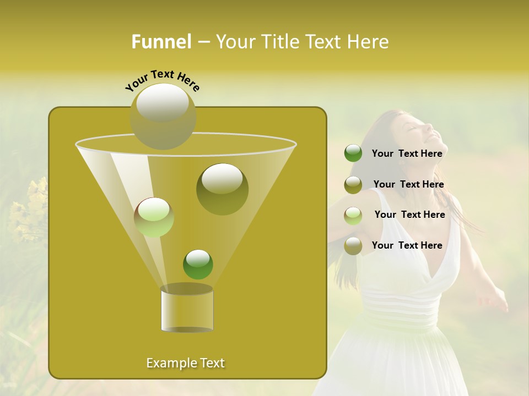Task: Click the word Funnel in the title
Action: pyautogui.click(x=161, y=42)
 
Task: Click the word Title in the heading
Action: pyautogui.click(x=278, y=42)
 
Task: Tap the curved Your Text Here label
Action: pyautogui.click(x=163, y=80)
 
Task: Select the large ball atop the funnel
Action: pyautogui.click(x=163, y=116)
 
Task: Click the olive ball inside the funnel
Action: pyautogui.click(x=222, y=189)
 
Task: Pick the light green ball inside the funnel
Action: pyautogui.click(x=154, y=217)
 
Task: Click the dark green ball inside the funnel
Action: pyautogui.click(x=198, y=265)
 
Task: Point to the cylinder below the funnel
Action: pyautogui.click(x=187, y=309)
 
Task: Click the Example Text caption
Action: pyautogui.click(x=186, y=363)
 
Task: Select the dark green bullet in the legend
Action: pyautogui.click(x=353, y=153)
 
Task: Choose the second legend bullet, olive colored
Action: pyautogui.click(x=353, y=185)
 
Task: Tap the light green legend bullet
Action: pyautogui.click(x=353, y=216)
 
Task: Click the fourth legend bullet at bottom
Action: pyautogui.click(x=353, y=246)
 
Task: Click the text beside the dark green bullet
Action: pyautogui.click(x=407, y=153)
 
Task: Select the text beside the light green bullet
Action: pyautogui.click(x=409, y=215)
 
